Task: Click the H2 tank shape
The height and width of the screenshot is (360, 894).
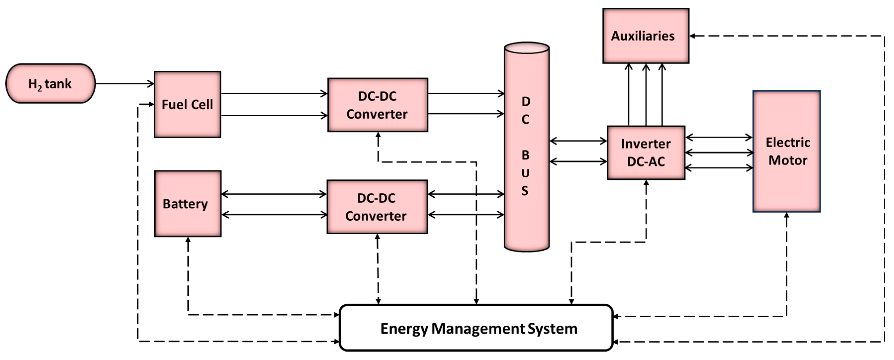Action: [x=50, y=83]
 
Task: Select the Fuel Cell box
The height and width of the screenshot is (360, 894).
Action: [x=187, y=104]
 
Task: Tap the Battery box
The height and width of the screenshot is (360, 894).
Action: [x=188, y=204]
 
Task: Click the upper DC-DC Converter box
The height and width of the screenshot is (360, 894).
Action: [x=378, y=105]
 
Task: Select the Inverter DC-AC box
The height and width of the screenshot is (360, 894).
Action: [x=646, y=153]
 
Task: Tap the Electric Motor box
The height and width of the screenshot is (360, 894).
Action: [x=786, y=151]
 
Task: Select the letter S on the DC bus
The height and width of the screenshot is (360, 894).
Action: [x=525, y=191]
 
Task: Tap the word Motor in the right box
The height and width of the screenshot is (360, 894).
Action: [x=788, y=160]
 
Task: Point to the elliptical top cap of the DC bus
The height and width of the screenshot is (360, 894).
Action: [x=527, y=48]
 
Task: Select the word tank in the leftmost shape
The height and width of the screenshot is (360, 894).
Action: [x=58, y=84]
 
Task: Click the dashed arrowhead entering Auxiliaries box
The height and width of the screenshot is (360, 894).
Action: [x=692, y=36]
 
